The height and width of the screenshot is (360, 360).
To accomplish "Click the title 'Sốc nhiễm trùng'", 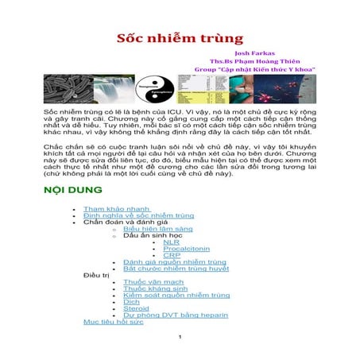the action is pyautogui.click(x=179, y=39).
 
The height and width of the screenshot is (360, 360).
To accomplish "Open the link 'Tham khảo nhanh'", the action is pyautogui.click(x=116, y=208).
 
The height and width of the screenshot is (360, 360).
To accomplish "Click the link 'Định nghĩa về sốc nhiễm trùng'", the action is pyautogui.click(x=138, y=215).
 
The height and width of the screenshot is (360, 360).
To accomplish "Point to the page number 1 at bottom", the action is pyautogui.click(x=181, y=337).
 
